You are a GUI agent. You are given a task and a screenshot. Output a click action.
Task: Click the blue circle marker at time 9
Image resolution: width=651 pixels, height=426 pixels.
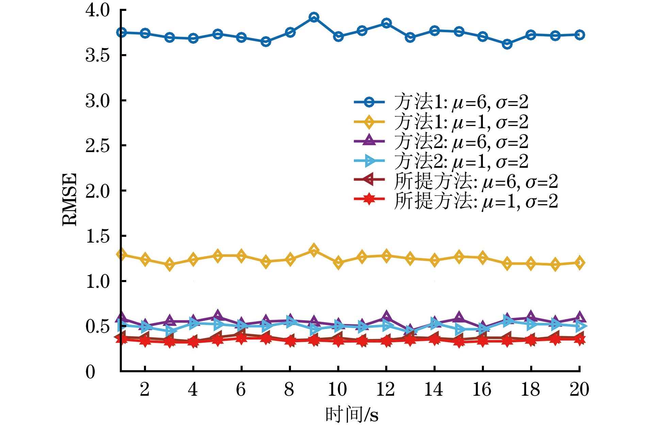point(314,17)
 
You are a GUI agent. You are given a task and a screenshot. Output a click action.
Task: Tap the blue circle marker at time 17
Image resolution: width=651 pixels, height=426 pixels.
point(507,44)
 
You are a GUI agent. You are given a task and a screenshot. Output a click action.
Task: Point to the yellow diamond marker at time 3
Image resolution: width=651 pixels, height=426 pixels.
point(169,264)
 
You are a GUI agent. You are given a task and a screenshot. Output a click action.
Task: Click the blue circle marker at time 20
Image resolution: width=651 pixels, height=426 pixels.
point(580,35)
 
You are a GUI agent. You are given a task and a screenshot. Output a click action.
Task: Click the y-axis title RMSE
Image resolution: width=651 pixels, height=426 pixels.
point(70,199)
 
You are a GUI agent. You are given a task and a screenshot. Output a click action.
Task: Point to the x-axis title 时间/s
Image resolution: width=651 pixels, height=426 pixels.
point(352,414)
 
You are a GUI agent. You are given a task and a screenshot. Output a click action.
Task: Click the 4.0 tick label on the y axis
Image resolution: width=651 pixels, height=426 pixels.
point(98,10)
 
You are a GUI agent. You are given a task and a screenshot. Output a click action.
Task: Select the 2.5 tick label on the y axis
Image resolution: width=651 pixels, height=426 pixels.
point(98,146)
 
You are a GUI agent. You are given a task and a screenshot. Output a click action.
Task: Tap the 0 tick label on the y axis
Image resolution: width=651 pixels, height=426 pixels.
point(91,372)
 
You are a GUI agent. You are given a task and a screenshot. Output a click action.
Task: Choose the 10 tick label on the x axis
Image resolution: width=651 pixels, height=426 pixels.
point(337,389)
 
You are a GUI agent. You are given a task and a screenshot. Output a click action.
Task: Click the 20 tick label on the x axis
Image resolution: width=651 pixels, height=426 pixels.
point(579,389)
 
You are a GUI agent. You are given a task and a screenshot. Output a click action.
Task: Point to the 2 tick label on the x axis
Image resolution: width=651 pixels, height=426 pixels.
point(145,389)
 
